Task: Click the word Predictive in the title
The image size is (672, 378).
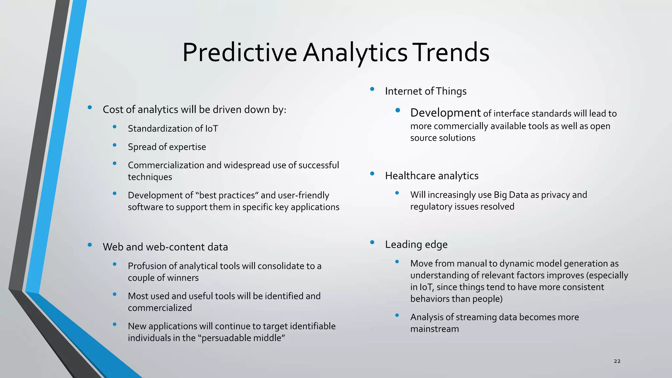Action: [240, 52]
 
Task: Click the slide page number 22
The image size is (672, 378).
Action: [617, 361]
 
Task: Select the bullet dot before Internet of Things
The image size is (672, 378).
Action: [372, 89]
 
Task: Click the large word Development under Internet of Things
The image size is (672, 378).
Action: [445, 113]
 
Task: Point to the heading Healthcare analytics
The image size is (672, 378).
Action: [431, 176]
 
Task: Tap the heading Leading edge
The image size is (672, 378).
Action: [416, 244]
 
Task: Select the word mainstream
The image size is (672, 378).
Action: [434, 329]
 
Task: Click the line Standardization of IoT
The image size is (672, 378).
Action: [173, 129]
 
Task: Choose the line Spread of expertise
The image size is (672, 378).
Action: [167, 147]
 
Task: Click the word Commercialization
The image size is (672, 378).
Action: [166, 165]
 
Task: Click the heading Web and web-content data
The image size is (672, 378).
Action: [165, 247]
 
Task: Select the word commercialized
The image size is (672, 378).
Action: [160, 308]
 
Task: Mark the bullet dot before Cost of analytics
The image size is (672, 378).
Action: [90, 107]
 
